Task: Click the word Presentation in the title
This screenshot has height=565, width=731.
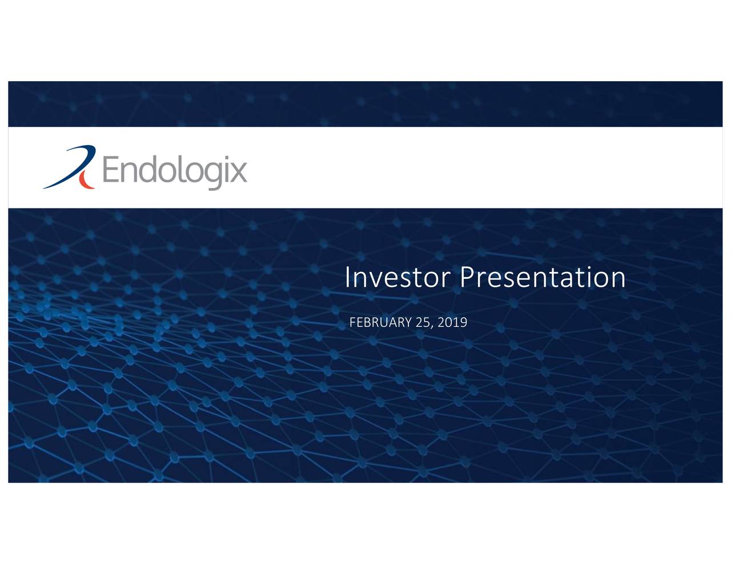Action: click(543, 278)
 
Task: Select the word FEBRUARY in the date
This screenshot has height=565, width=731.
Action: click(380, 322)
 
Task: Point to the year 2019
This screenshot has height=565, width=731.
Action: click(452, 322)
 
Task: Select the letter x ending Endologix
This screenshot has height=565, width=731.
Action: click(240, 171)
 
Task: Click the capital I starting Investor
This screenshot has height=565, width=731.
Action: click(347, 278)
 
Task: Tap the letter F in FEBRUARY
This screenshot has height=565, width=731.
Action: click(352, 322)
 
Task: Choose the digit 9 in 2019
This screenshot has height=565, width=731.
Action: click(463, 322)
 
